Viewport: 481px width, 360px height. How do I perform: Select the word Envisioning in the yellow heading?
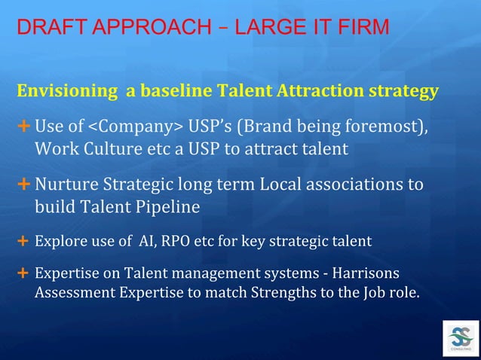tap(66, 93)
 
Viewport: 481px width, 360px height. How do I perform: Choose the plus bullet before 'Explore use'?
tap(23, 242)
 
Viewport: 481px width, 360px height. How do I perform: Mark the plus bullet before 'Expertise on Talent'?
tap(23, 273)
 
